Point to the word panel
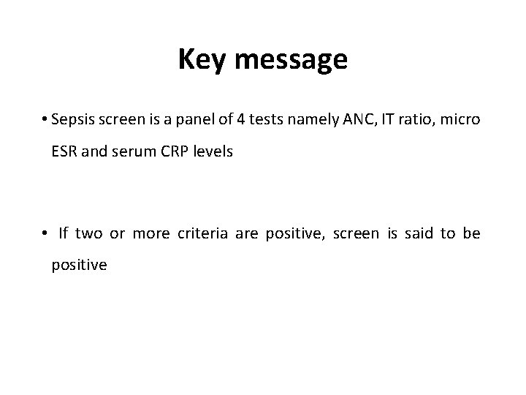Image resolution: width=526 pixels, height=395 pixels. coord(193,120)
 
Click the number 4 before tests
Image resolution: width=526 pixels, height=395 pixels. coord(240,120)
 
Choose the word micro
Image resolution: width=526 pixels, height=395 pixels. coord(463,120)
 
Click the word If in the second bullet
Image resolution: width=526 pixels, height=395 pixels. coord(63,233)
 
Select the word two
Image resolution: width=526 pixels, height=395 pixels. coord(89,233)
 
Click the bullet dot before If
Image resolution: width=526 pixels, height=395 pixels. coord(45,234)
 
